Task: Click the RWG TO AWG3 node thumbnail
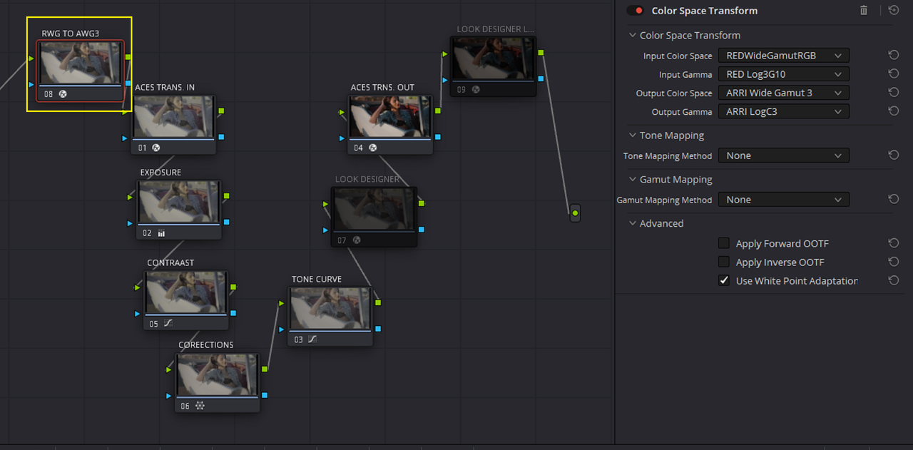point(81,63)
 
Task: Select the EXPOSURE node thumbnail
point(179,202)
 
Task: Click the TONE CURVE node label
point(316,280)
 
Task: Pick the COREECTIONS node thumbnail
point(218,374)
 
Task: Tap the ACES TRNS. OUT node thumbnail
point(390,117)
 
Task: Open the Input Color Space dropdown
point(783,56)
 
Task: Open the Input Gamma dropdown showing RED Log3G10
point(783,74)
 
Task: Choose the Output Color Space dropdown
point(783,93)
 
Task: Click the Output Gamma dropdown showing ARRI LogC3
point(783,112)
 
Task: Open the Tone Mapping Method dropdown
point(783,155)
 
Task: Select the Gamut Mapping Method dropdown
point(783,200)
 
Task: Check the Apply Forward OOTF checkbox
point(724,243)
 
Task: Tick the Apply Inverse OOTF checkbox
point(724,262)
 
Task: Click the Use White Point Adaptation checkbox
point(724,281)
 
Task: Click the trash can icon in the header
point(864,11)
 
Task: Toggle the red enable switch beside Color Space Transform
point(635,11)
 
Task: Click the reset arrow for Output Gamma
point(894,111)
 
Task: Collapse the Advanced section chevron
point(633,223)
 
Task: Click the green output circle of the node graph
point(575,213)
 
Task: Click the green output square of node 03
point(378,302)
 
